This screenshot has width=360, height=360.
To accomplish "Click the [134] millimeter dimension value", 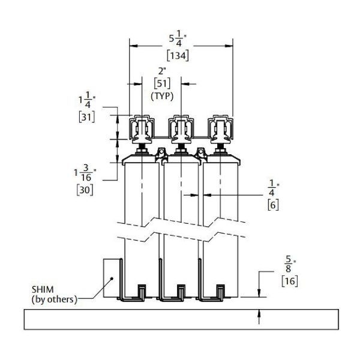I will [x=179, y=56].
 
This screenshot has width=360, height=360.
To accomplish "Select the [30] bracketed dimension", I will [x=84, y=190].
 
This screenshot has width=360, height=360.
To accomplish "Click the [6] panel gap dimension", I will [x=271, y=205].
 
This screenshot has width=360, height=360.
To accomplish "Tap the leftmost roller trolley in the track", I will [x=142, y=128].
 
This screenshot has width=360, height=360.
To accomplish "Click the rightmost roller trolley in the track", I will [x=220, y=128].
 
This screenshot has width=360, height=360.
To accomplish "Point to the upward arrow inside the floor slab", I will [x=259, y=316].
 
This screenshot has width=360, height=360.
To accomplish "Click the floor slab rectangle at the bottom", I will [x=180, y=319].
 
